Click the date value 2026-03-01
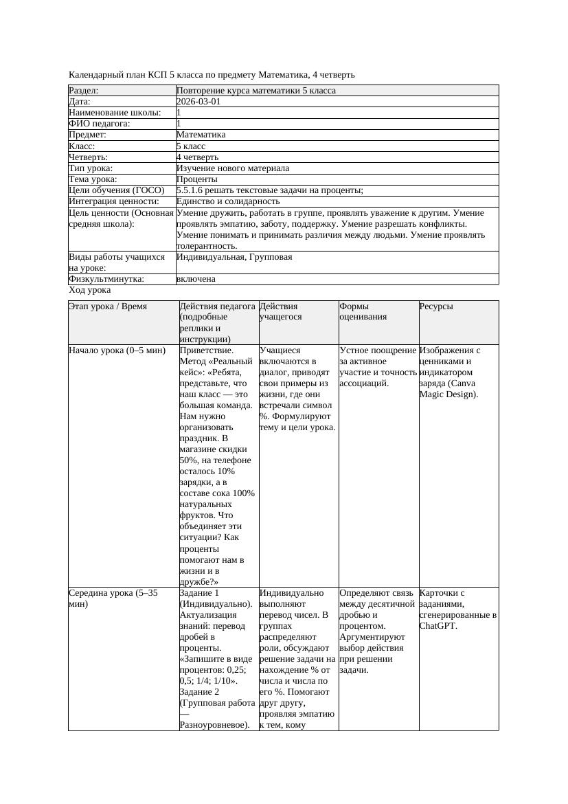click(x=198, y=101)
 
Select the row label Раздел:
click(x=84, y=90)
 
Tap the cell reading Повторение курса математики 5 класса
click(x=256, y=90)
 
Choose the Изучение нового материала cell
click(x=233, y=168)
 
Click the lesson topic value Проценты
click(x=196, y=179)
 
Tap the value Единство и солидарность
click(x=228, y=201)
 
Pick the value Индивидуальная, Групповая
click(x=234, y=257)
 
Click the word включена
click(x=196, y=279)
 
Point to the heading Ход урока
click(x=89, y=290)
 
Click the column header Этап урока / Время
click(x=108, y=306)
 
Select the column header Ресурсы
click(x=436, y=306)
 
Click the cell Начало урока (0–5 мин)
click(x=117, y=350)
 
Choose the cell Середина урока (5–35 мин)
click(x=113, y=598)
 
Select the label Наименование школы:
click(x=115, y=112)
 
